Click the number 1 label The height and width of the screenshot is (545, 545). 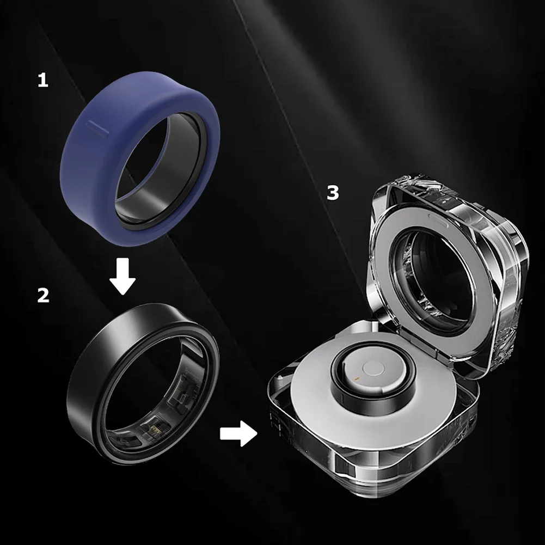click(42, 81)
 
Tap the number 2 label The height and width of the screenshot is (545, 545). click(43, 296)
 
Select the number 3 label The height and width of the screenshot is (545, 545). click(333, 193)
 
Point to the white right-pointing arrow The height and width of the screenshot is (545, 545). click(238, 434)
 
